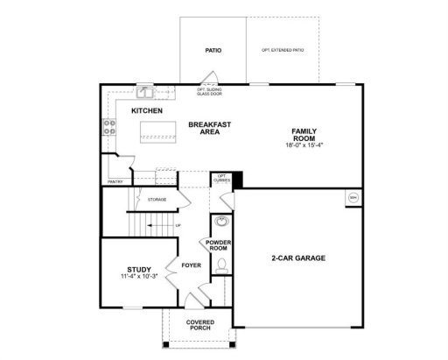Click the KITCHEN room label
tap(146, 110)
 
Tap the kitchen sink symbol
tap(144, 91)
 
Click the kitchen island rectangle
tap(158, 132)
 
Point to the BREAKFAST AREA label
tap(209, 128)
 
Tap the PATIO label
tap(213, 51)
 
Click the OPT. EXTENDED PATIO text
tap(282, 51)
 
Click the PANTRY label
tap(115, 181)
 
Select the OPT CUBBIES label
tap(222, 179)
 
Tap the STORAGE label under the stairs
tap(157, 200)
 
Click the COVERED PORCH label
tap(199, 325)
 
